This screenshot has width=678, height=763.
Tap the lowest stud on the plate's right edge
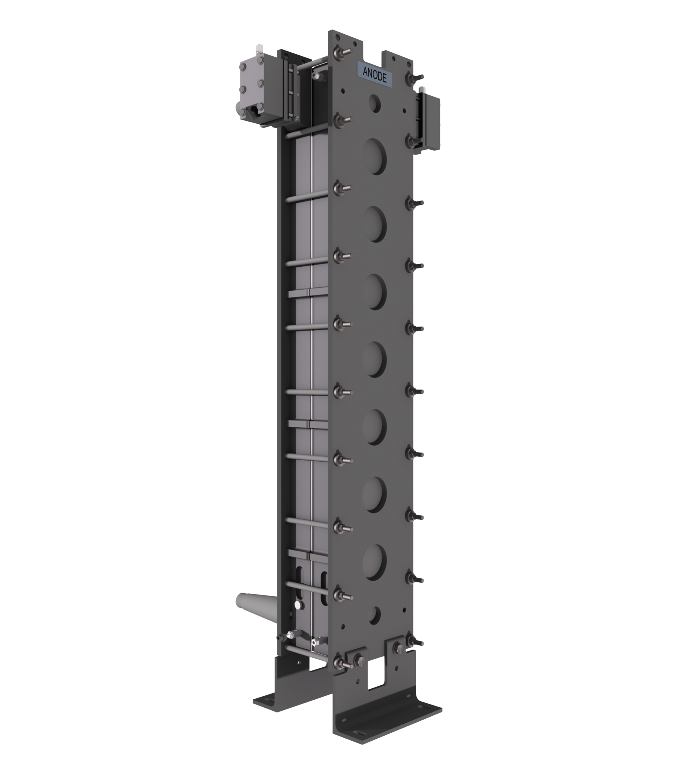pos(412,642)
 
